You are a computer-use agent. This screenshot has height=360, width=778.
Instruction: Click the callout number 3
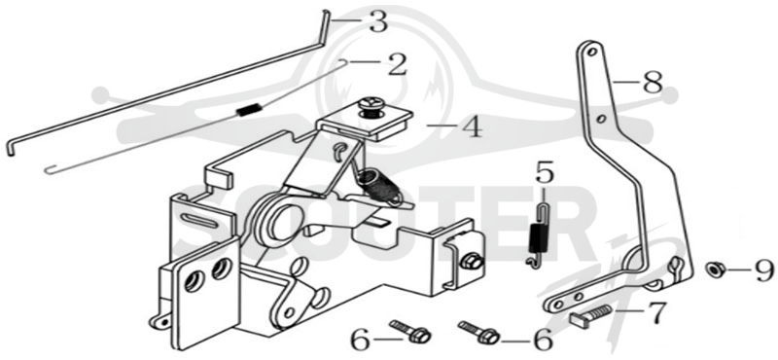378,21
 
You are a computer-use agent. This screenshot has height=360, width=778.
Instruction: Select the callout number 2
397,64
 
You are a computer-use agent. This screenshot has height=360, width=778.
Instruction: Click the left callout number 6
361,341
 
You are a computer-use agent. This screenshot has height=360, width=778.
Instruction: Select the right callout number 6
542,341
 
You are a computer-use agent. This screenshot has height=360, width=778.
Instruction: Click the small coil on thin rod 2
247,110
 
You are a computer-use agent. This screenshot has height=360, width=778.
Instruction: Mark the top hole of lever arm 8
592,51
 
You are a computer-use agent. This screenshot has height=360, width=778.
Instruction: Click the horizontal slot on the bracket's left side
200,218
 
